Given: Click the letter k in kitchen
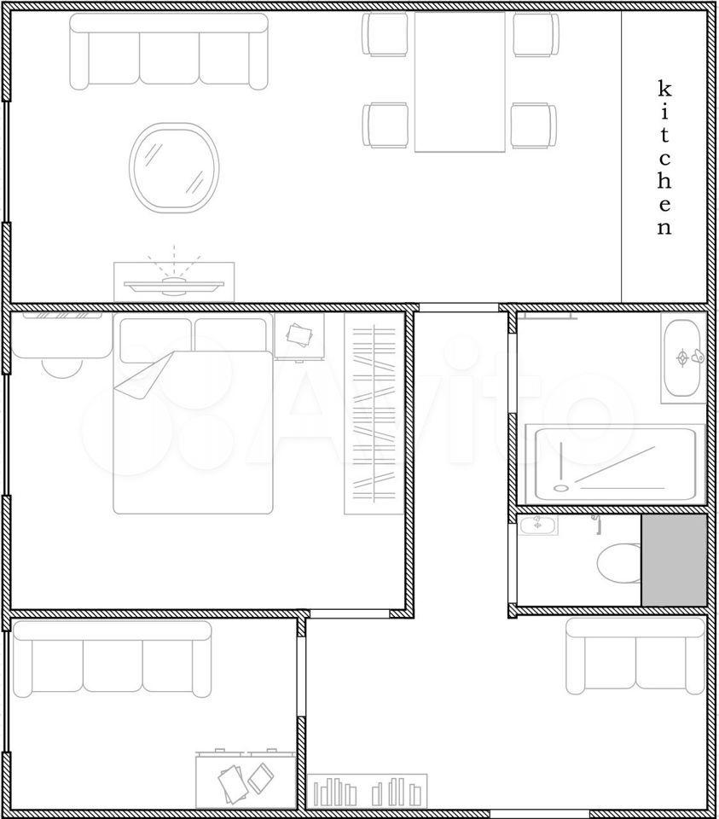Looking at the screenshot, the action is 664,89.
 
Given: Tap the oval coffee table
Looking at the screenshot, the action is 174,168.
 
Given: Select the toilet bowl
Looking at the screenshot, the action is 619,564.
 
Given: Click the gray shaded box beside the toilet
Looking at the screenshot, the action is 674,561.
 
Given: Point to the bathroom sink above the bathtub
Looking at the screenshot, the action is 683,357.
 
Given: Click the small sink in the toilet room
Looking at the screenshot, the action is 538,525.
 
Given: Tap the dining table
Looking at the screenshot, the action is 460,82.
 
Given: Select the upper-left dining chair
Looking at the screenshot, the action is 386,34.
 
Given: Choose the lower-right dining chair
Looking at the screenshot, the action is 534,125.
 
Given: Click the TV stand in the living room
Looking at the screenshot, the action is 174,282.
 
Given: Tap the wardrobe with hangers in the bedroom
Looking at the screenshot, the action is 374,414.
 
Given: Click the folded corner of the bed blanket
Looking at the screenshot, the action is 143,376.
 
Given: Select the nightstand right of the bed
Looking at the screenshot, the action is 299,336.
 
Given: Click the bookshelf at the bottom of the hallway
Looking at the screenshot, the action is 367,790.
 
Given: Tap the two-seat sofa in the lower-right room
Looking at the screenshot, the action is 636,656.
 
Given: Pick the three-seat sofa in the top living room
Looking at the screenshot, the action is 169,51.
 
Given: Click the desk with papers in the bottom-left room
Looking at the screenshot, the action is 246,780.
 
